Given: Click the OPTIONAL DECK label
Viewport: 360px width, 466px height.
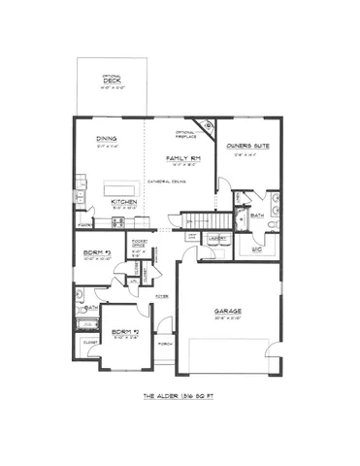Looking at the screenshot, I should pyautogui.click(x=112, y=83).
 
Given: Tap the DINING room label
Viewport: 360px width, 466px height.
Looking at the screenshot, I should pyautogui.click(x=106, y=139).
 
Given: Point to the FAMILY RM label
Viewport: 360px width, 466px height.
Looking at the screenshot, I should pyautogui.click(x=181, y=157).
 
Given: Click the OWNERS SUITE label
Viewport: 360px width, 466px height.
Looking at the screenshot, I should pyautogui.click(x=248, y=146).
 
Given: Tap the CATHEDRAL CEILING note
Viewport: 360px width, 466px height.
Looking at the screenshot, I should pyautogui.click(x=166, y=181).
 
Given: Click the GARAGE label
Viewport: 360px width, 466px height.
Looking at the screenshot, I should pyautogui.click(x=227, y=312).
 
